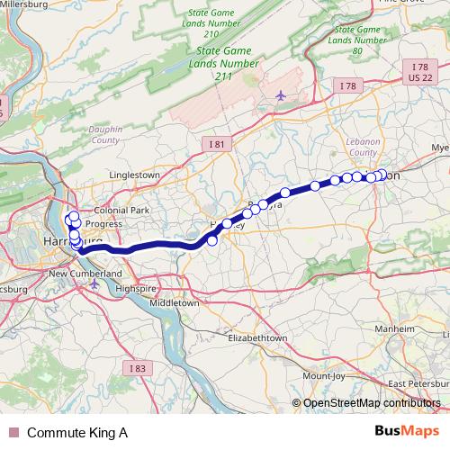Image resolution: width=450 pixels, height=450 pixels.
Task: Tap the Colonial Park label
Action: tap(128, 210)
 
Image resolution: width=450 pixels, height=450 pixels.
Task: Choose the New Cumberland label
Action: tap(85, 273)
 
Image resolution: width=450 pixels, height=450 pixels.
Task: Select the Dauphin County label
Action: tap(106, 136)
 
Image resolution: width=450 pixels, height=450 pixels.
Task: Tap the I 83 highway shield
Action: tap(137, 367)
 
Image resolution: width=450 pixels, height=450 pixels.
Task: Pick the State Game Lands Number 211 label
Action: tap(219, 62)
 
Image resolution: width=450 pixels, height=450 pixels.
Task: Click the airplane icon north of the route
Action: tap(280, 94)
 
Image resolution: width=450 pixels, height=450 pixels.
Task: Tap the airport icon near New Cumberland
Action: tap(94, 284)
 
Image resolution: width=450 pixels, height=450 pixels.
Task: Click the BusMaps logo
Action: tap(406, 432)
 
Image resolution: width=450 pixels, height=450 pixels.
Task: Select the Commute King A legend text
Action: tap(77, 433)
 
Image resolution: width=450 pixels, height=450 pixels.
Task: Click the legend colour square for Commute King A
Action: tap(12, 433)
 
